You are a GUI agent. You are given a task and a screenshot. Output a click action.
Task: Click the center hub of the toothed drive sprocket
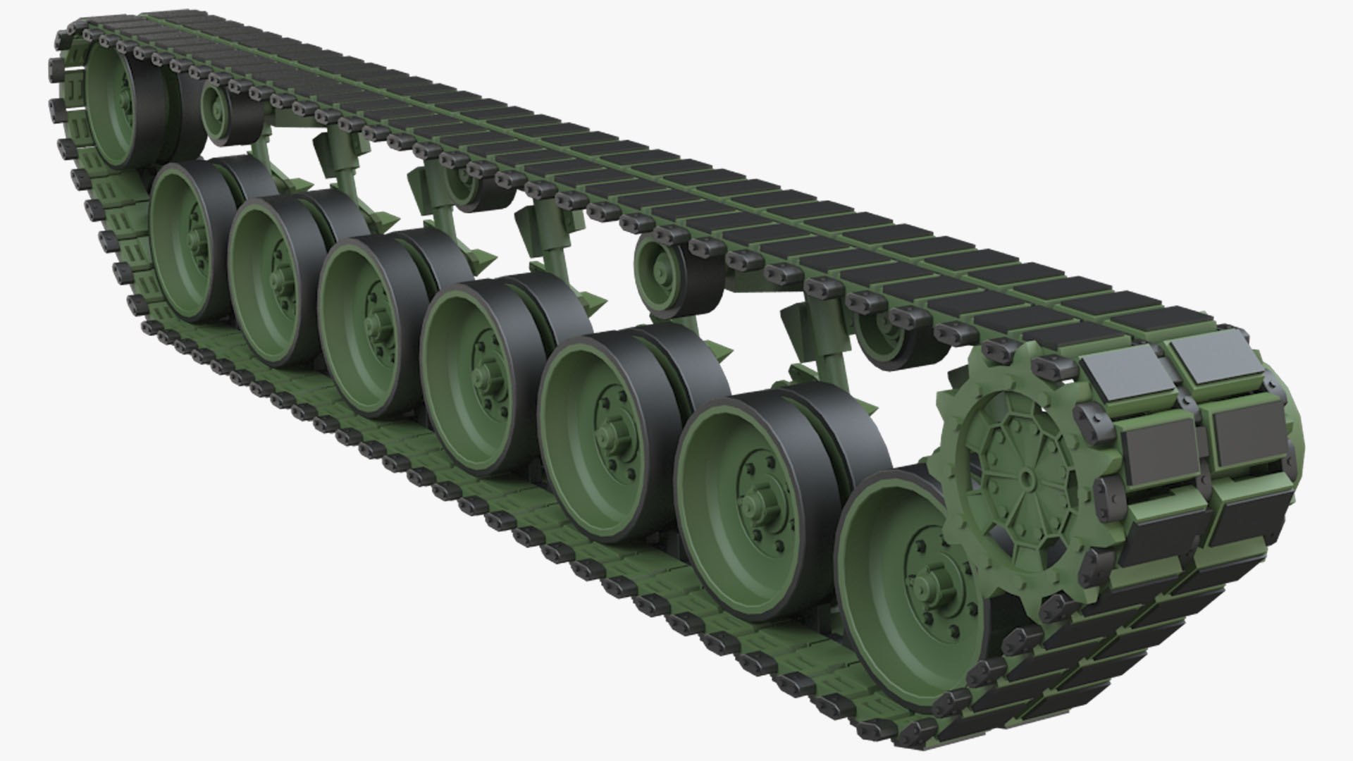tap(1026, 477)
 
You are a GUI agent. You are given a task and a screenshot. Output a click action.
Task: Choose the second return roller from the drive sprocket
tap(662, 267)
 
